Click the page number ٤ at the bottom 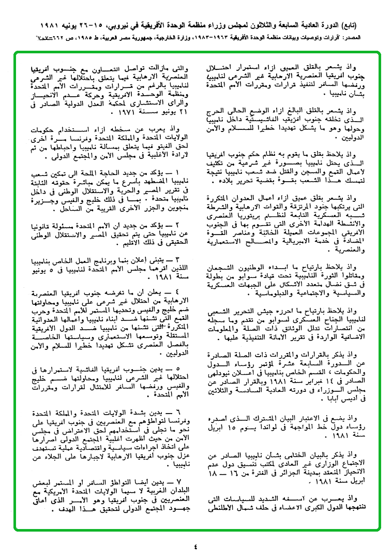click(196, 546)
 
